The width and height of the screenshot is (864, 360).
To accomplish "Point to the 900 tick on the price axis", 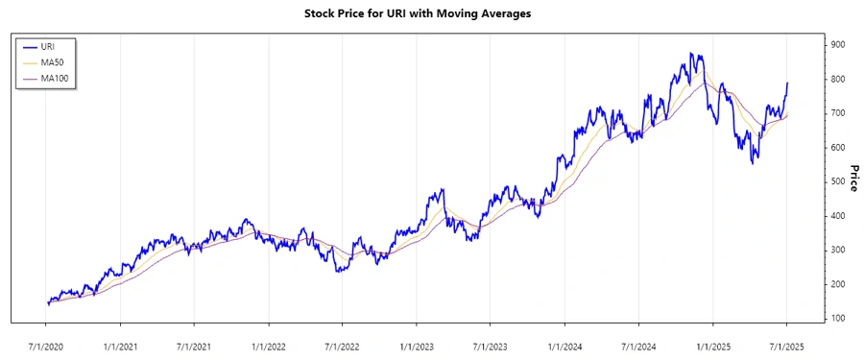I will (838, 45).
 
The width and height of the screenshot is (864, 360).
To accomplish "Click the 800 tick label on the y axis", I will (838, 79).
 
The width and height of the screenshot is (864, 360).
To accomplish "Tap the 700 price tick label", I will (838, 113).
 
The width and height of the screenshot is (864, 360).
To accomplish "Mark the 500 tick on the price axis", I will (838, 181).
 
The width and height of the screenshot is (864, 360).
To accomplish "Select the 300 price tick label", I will (838, 250).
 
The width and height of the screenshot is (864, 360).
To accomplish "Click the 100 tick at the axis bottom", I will (838, 318).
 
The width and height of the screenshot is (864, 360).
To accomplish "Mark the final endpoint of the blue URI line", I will (787, 83).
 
